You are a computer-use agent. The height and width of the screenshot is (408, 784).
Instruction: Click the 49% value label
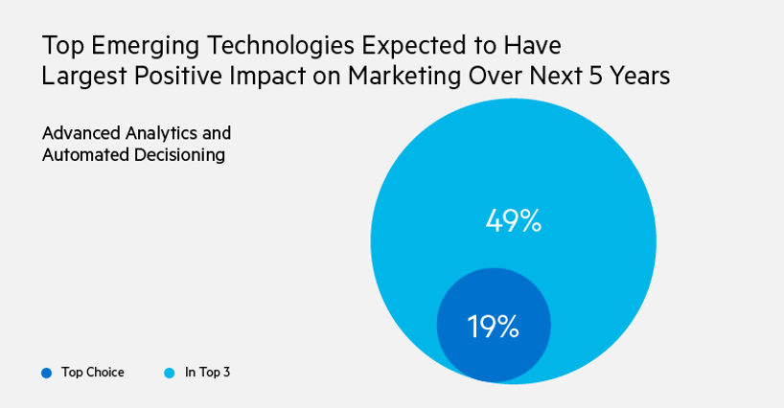[x=513, y=221]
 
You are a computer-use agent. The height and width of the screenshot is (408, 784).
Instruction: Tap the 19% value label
[x=493, y=328]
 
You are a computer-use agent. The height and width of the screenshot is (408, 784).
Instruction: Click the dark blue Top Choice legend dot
[x=46, y=373]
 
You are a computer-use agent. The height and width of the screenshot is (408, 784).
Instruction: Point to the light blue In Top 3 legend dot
[x=170, y=373]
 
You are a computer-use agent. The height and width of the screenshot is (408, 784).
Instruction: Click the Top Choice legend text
[x=93, y=373]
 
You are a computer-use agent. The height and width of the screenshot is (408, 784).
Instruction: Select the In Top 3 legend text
[x=207, y=373]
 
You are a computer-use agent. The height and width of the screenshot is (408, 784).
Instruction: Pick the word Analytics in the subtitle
[x=158, y=132]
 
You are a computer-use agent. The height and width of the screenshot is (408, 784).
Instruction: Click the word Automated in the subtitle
[x=80, y=153]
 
